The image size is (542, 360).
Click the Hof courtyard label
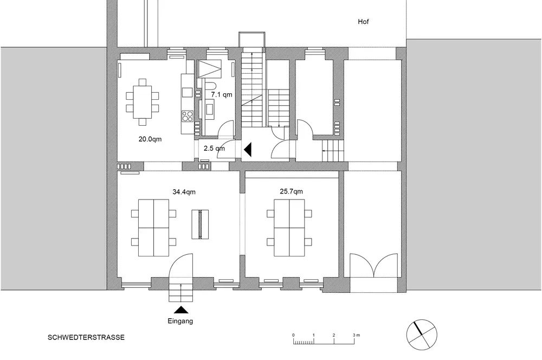pyautogui.click(x=363, y=22)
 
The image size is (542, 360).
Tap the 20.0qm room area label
pyautogui.click(x=150, y=139)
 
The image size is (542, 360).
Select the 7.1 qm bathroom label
pyautogui.click(x=222, y=94)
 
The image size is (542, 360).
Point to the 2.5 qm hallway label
pyautogui.click(x=214, y=149)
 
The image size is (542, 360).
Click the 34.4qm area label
pyautogui.click(x=184, y=191)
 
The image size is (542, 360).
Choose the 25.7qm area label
pyautogui.click(x=292, y=191)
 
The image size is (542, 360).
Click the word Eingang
pyautogui.click(x=180, y=322)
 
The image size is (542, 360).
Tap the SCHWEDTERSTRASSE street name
pyautogui.click(x=86, y=338)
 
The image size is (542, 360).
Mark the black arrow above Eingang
pyautogui.click(x=180, y=310)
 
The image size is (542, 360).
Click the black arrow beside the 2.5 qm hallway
pyautogui.click(x=248, y=150)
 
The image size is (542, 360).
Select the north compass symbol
pyautogui.click(x=421, y=335)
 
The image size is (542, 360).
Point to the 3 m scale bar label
pyautogui.click(x=357, y=335)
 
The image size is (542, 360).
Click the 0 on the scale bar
pyautogui.click(x=293, y=335)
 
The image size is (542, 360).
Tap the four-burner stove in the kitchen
pyautogui.click(x=188, y=116)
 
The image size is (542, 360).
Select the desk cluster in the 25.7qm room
pyautogui.click(x=289, y=228)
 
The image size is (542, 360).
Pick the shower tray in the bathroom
pyautogui.click(x=210, y=68)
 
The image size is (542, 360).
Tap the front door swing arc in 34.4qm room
pyautogui.click(x=180, y=262)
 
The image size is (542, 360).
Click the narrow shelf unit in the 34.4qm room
pyautogui.click(x=200, y=224)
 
